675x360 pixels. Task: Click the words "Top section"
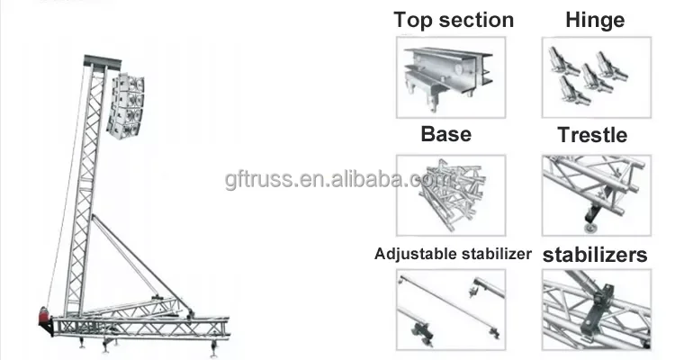454,20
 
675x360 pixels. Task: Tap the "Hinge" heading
594,20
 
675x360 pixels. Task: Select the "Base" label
445,134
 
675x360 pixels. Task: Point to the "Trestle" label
591,136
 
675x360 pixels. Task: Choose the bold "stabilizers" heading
594,255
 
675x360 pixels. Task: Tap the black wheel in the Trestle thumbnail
591,213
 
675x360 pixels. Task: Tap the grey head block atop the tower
103,64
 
